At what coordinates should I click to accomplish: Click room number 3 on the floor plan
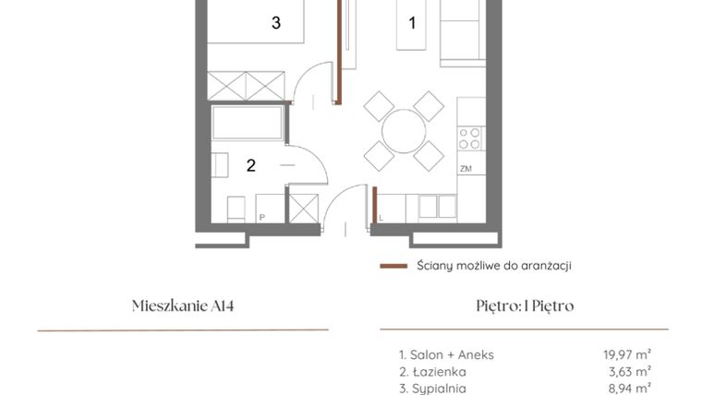[x=276, y=23]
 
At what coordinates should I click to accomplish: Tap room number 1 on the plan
[x=412, y=22]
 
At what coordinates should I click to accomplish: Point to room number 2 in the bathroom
[x=250, y=166]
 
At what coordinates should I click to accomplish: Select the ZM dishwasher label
[x=466, y=169]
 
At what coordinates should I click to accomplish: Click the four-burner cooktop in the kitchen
[x=470, y=138]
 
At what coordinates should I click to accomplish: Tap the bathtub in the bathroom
[x=248, y=124]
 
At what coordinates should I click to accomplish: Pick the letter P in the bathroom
[x=261, y=218]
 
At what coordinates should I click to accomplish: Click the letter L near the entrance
[x=381, y=218]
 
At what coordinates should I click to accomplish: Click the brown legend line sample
[x=393, y=266]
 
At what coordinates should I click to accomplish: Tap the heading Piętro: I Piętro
[x=524, y=306]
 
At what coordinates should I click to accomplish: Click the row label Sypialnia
[x=432, y=389]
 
